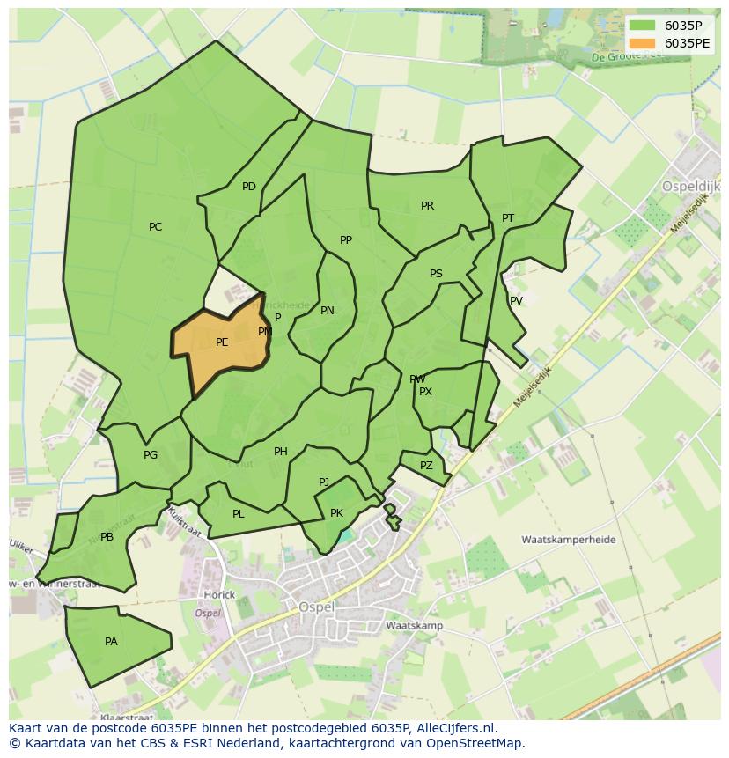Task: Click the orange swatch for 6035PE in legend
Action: (x=643, y=43)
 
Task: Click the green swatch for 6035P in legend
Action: (x=643, y=26)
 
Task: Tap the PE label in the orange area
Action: (x=222, y=342)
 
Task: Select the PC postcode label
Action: (x=156, y=227)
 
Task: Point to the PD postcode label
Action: (x=249, y=187)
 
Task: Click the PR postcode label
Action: (x=427, y=206)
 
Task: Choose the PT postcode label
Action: (x=508, y=218)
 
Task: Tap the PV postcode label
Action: (x=517, y=301)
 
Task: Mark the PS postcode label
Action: (x=436, y=274)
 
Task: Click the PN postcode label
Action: (x=328, y=311)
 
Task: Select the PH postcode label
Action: (x=281, y=452)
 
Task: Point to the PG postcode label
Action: (x=151, y=455)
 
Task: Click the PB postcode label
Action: (x=107, y=537)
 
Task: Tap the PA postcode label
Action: (x=111, y=642)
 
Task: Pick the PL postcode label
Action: (x=239, y=514)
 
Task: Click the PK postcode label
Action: (x=336, y=513)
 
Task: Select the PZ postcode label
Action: (x=427, y=466)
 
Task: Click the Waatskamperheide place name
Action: (x=568, y=540)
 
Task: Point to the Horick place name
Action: (x=219, y=595)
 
